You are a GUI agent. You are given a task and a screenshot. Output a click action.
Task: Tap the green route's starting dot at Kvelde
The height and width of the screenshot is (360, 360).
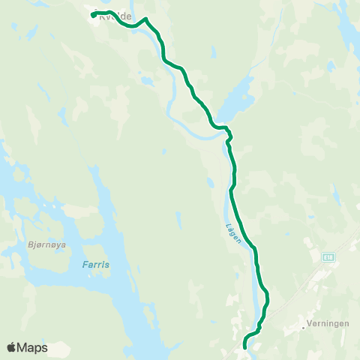tap(93, 15)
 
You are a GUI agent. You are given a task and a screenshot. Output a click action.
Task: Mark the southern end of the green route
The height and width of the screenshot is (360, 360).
tap(245, 346)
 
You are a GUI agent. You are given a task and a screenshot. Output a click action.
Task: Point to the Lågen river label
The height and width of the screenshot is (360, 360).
tap(230, 223)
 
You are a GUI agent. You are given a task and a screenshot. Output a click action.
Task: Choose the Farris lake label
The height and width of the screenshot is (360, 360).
tap(95, 265)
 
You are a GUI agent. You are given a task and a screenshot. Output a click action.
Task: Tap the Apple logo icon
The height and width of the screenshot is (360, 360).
tap(12, 347)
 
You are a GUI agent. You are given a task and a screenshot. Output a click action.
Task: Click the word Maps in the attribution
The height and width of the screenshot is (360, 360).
tap(33, 347)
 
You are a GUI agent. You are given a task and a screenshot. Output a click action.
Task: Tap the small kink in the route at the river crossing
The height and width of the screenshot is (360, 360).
tap(229, 136)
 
